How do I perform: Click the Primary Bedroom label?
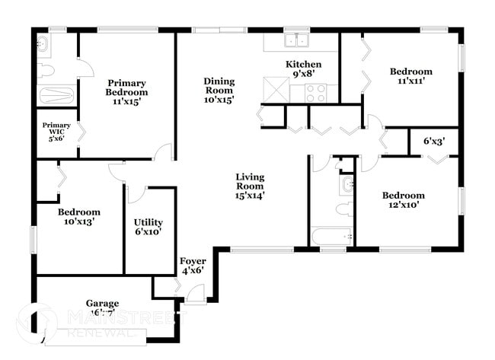point(126,92)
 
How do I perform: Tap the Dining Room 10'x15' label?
point(219,90)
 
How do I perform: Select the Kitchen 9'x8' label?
point(303,69)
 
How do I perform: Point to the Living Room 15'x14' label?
point(249,185)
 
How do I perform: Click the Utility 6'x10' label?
point(148,227)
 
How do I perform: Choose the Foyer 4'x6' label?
point(193,266)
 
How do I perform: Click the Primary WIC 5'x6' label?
point(56,132)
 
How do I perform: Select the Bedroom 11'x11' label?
point(410,77)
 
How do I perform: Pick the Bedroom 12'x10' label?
point(410,199)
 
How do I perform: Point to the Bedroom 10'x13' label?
point(79,217)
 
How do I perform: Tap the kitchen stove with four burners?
point(315,93)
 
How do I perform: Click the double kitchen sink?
point(295,40)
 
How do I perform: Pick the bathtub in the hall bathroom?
point(331,237)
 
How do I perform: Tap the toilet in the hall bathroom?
point(343,209)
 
